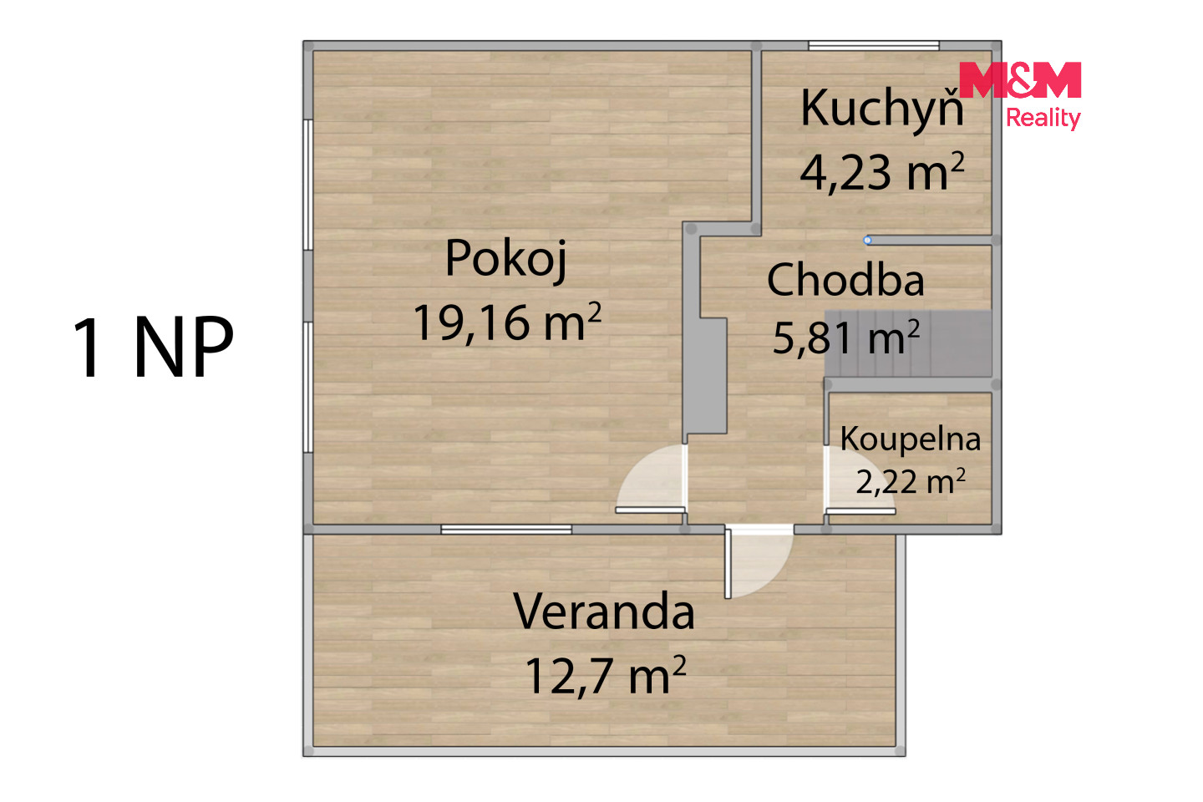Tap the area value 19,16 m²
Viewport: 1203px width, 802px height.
[x=507, y=322]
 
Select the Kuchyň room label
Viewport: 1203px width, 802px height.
[x=882, y=108]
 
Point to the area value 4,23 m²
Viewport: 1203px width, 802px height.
[x=882, y=172]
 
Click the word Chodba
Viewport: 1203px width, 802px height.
[x=845, y=280]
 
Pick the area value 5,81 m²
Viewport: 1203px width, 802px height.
[x=845, y=338]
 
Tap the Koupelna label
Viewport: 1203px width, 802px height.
[x=911, y=439]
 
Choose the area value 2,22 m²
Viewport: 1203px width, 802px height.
[x=911, y=480]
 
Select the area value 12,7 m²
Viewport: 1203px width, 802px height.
[x=605, y=675]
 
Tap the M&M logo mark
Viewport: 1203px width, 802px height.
[x=1020, y=79]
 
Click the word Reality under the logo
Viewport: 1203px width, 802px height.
[x=1043, y=118]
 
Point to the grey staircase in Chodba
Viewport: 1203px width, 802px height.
[x=908, y=343]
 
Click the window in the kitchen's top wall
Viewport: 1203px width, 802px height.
[x=874, y=46]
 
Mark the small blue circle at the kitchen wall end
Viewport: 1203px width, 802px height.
[x=867, y=240]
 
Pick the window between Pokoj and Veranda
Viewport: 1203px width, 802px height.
[x=506, y=530]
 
